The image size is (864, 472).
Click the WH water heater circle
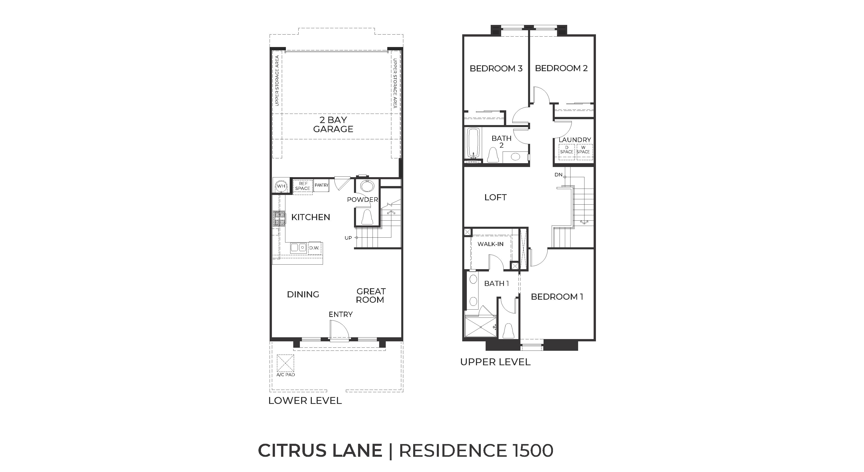(281, 186)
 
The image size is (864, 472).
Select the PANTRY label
(321, 185)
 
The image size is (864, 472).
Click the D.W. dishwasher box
(314, 248)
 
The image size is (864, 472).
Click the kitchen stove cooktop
(279, 218)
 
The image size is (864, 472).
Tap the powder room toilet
(367, 217)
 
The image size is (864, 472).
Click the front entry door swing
(340, 330)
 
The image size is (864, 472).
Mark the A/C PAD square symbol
(285, 363)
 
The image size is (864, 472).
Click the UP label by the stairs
(348, 238)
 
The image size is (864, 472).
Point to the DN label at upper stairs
(558, 175)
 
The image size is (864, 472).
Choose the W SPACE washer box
(583, 150)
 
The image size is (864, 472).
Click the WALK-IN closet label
(490, 244)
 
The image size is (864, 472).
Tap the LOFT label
(495, 197)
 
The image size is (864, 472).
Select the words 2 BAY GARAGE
(333, 125)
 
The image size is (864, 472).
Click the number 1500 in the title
(533, 450)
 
